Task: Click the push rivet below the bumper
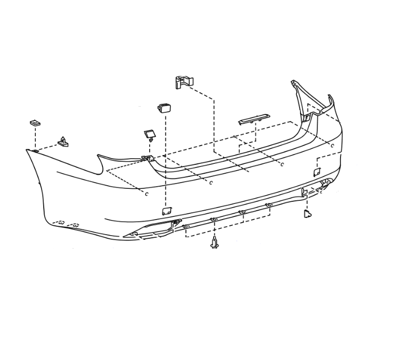pyautogui.click(x=214, y=242)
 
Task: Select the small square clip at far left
pyautogui.click(x=35, y=123)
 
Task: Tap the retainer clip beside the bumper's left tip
pyautogui.click(x=62, y=142)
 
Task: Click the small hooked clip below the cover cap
pyautogui.click(x=149, y=134)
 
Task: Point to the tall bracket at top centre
pyautogui.click(x=184, y=82)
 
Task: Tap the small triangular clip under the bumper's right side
pyautogui.click(x=307, y=213)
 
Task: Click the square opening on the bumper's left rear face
pyautogui.click(x=167, y=211)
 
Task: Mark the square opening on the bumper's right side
pyautogui.click(x=317, y=172)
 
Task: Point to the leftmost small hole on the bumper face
pyautogui.click(x=147, y=194)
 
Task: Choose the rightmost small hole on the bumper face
pyautogui.click(x=333, y=146)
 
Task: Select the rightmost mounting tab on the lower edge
pyautogui.click(x=269, y=205)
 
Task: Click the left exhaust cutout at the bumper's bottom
pyautogui.click(x=153, y=231)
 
